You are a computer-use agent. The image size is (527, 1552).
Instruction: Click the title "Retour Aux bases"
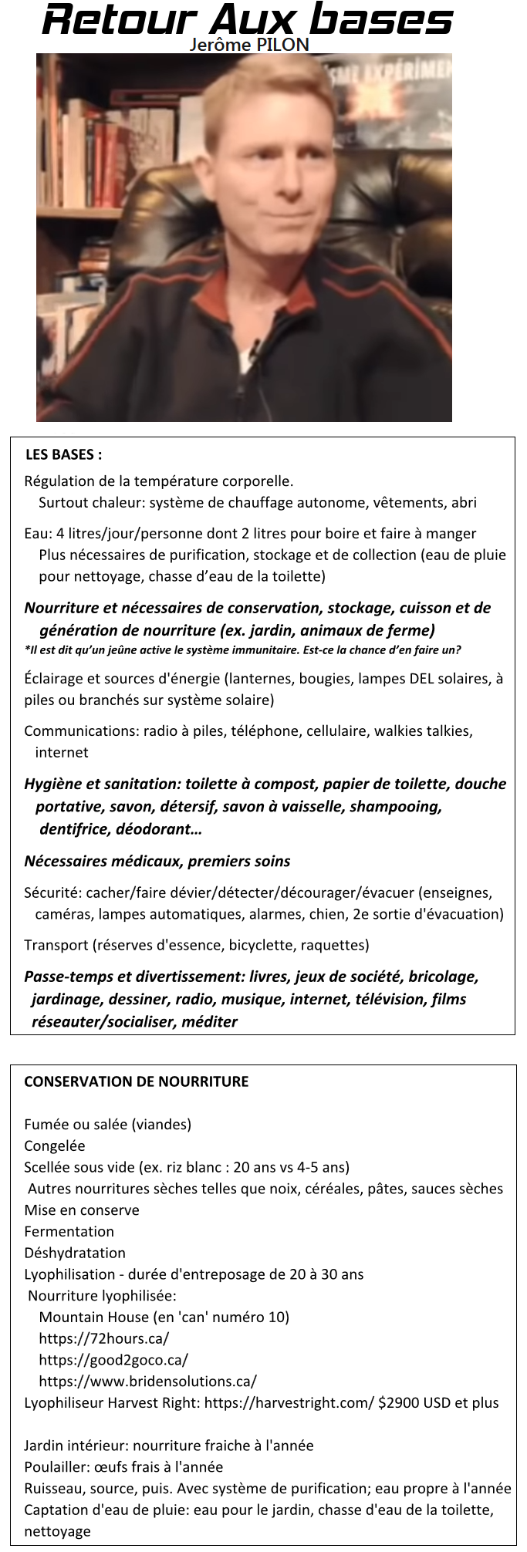(x=248, y=19)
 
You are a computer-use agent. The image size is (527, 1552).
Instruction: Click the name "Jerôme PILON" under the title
(x=249, y=45)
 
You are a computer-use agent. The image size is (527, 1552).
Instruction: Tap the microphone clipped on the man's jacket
(x=248, y=357)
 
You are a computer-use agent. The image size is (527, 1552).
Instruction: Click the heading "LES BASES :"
(x=63, y=454)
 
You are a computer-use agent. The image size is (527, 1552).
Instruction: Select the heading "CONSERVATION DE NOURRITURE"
(x=137, y=1081)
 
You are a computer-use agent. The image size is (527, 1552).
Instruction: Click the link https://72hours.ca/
(x=103, y=1338)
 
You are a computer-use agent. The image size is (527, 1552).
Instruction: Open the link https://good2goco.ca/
(x=113, y=1360)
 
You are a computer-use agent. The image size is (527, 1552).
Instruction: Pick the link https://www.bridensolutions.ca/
(x=147, y=1382)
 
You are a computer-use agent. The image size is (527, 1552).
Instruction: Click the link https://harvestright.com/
(x=289, y=1403)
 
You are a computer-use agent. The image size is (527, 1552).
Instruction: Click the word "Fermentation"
(x=69, y=1232)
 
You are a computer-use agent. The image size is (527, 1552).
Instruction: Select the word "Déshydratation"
(x=75, y=1253)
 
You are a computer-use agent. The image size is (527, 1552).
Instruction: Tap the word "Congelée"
(x=55, y=1146)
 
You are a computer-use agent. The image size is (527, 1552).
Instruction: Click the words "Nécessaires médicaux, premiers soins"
(x=157, y=861)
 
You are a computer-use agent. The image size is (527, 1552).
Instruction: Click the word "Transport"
(x=56, y=945)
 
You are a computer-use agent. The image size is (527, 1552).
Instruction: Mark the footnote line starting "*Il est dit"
(x=242, y=649)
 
